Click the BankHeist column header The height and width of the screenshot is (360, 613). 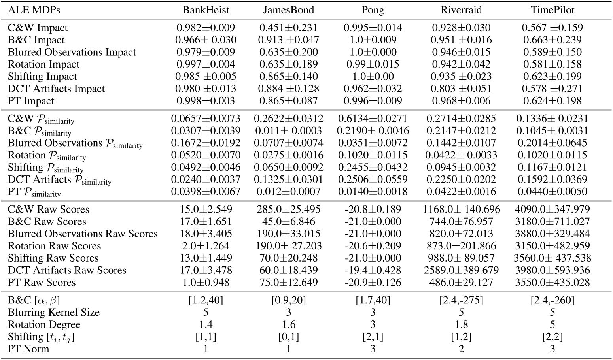[206, 10]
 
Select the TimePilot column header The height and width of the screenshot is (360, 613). [552, 10]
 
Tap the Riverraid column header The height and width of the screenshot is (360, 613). [461, 10]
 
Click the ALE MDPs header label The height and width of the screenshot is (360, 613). [34, 10]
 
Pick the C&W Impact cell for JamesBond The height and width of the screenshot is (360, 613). [288, 28]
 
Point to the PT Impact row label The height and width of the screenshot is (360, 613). [31, 101]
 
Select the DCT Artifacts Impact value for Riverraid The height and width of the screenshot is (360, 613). [461, 89]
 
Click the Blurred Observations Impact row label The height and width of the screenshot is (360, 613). [72, 52]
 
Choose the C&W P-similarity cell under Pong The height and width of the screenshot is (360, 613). [373, 119]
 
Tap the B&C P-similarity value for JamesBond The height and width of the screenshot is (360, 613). [288, 131]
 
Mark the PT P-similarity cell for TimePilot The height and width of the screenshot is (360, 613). [552, 192]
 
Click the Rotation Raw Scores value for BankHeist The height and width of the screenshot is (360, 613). [206, 246]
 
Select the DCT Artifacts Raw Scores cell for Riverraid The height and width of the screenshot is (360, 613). [461, 270]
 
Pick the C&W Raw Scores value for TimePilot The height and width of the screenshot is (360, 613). [552, 209]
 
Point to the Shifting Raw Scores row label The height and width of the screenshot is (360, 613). [53, 258]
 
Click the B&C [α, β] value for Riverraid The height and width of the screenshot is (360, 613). [461, 300]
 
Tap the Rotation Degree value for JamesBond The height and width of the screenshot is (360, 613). [288, 325]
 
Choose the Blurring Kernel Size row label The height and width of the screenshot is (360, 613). [54, 313]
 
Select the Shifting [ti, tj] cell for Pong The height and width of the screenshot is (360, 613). [373, 337]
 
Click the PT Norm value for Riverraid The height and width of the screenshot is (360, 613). [461, 349]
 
